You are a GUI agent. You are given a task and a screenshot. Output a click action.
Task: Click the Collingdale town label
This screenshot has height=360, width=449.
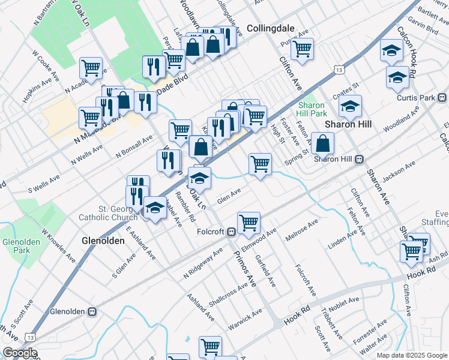click(x=270, y=28)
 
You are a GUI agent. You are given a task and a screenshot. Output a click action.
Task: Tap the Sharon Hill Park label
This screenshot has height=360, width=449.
click(x=312, y=109)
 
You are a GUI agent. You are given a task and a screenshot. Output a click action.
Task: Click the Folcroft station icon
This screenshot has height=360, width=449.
click(x=231, y=233)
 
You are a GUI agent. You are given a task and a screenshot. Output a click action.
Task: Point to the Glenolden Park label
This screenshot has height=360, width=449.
click(x=16, y=245)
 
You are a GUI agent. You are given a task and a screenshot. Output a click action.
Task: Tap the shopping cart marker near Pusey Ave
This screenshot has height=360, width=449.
click(x=303, y=48)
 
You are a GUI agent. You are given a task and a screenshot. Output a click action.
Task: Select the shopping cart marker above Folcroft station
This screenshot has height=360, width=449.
click(x=249, y=223)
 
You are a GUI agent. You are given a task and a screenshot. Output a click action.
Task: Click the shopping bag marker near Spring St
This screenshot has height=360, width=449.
click(x=322, y=143)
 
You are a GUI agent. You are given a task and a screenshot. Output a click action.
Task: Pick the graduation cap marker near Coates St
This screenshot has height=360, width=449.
click(x=349, y=106)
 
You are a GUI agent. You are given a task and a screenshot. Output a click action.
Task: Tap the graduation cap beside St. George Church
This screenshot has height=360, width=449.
click(x=155, y=208)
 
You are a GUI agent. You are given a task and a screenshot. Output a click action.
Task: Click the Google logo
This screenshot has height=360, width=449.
click(x=20, y=353)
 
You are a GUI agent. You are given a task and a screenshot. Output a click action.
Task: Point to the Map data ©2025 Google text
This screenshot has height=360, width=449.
click(x=411, y=355)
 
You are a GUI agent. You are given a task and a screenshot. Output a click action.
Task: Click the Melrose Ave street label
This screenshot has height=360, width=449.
click(x=302, y=230)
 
